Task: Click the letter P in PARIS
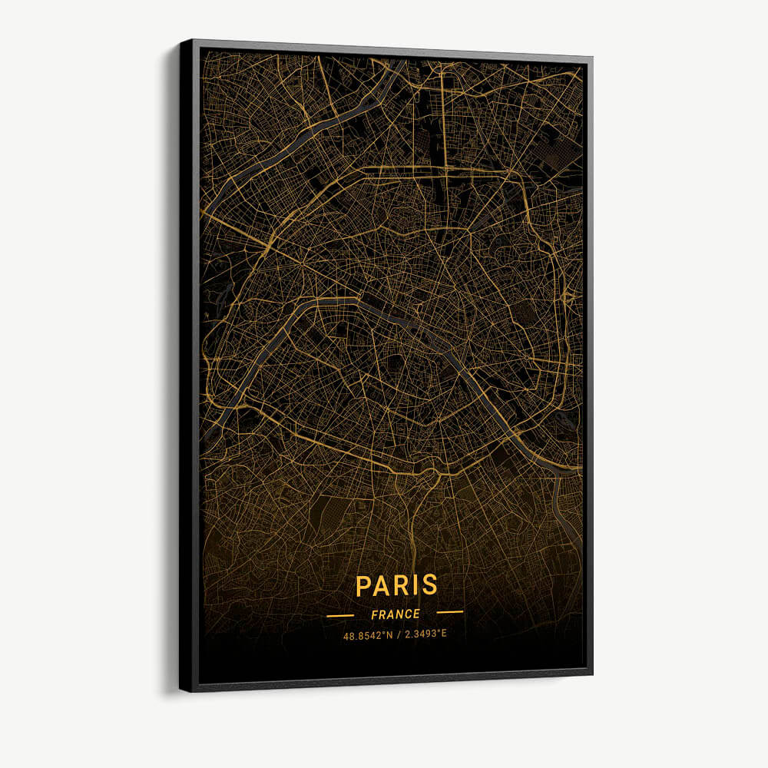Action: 364,585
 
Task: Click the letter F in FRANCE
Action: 374,614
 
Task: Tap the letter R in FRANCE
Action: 382,614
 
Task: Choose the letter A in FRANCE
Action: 391,614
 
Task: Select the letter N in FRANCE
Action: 400,614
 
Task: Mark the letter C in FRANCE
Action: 409,614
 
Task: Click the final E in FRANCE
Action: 417,614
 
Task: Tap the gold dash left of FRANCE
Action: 340,615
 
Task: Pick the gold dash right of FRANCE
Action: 449,612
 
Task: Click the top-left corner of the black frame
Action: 182,41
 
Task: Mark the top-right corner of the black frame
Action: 591,57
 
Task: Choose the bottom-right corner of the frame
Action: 592,674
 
